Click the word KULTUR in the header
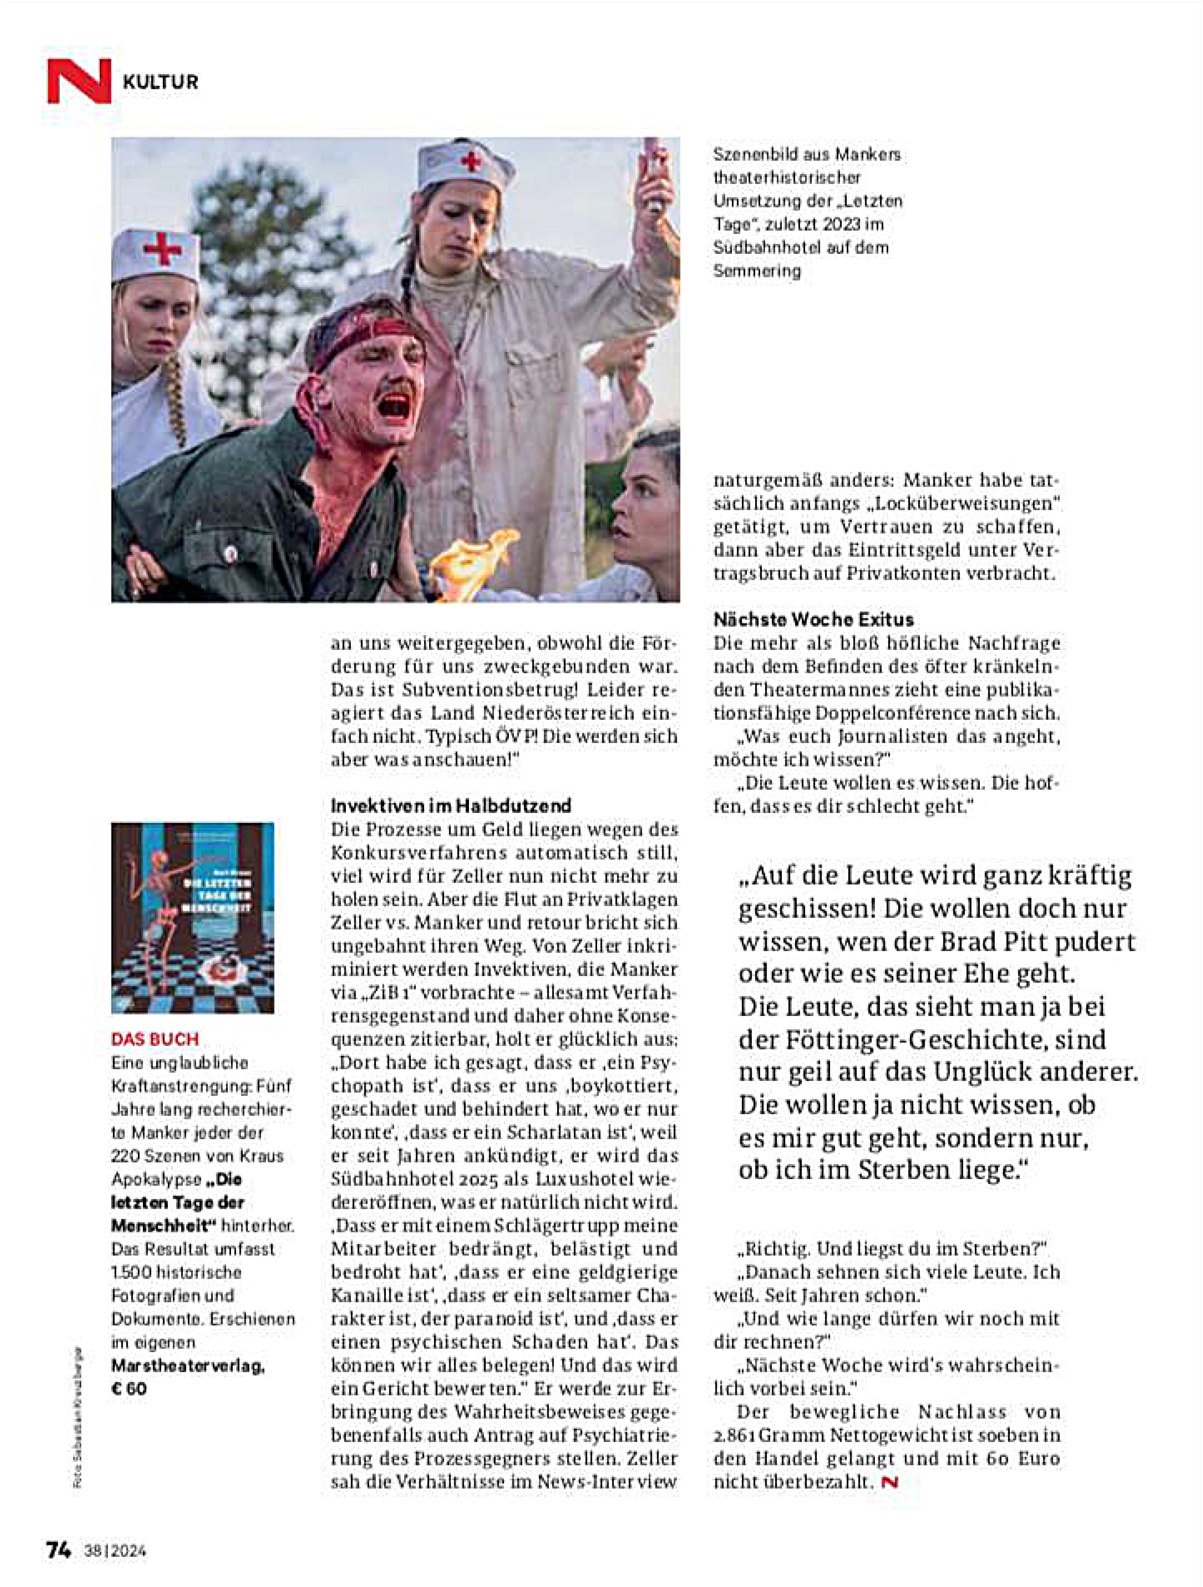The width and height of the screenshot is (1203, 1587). click(161, 82)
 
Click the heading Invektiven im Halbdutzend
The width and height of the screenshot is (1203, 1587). click(450, 805)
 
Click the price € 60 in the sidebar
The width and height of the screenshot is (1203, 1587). click(129, 1388)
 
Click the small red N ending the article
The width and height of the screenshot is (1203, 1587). click(890, 1482)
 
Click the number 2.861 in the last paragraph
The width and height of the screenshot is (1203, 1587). click(733, 1436)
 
